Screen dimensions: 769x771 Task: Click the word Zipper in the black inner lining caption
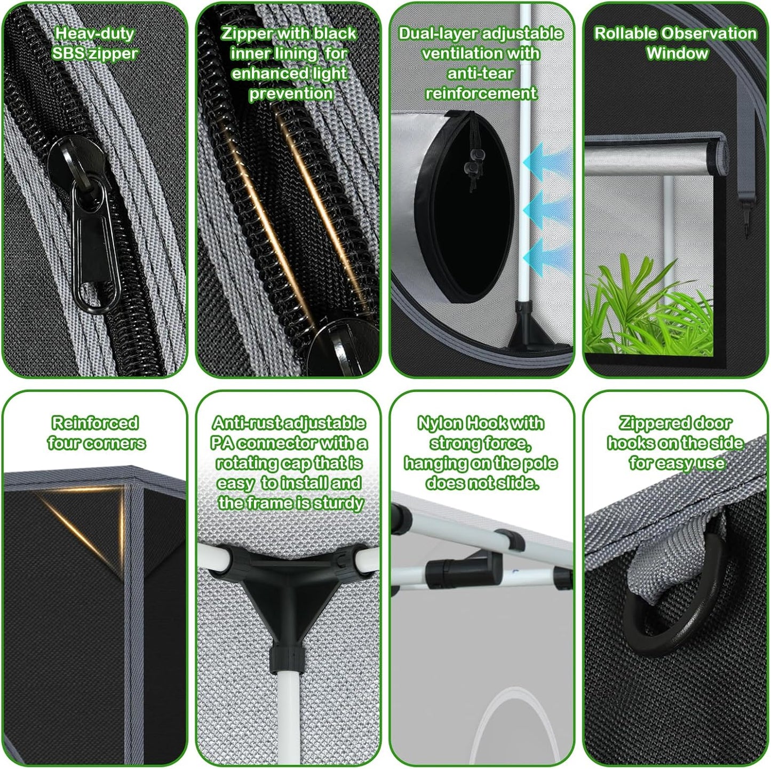point(247,33)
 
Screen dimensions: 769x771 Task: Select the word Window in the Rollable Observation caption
point(677,53)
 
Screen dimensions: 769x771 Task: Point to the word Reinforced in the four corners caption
point(95,423)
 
